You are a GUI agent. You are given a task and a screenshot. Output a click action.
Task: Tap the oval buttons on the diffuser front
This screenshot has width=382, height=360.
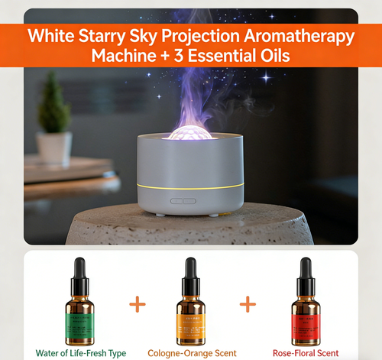183,202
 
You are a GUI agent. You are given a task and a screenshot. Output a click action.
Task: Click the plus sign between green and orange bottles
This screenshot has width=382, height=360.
137,305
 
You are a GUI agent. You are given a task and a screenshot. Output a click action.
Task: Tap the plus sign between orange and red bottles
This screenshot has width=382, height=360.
248,305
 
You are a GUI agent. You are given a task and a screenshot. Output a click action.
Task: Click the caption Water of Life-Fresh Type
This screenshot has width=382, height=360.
80,353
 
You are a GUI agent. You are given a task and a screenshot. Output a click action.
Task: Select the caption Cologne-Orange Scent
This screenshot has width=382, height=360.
192,353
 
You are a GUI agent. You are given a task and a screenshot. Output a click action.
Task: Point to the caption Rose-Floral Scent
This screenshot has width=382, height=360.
304,353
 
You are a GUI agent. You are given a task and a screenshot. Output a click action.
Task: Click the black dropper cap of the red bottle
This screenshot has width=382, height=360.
305,271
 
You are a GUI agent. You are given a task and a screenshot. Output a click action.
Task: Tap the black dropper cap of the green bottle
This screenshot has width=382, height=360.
79,271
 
